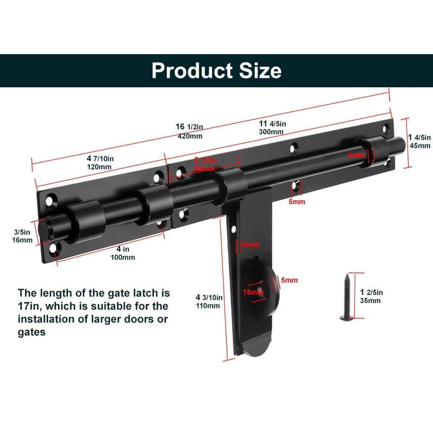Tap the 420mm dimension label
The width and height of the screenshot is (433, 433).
(x=190, y=136)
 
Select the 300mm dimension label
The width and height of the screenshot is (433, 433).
(x=271, y=132)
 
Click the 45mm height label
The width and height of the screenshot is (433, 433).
(x=420, y=145)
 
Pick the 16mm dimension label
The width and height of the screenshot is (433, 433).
(x=22, y=240)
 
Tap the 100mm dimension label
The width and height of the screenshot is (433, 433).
(x=122, y=257)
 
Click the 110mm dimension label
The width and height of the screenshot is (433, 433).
(x=208, y=305)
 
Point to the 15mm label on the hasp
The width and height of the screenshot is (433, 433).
(x=251, y=292)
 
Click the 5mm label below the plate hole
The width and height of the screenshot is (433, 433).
(x=297, y=202)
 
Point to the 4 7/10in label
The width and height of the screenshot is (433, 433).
(x=100, y=159)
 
